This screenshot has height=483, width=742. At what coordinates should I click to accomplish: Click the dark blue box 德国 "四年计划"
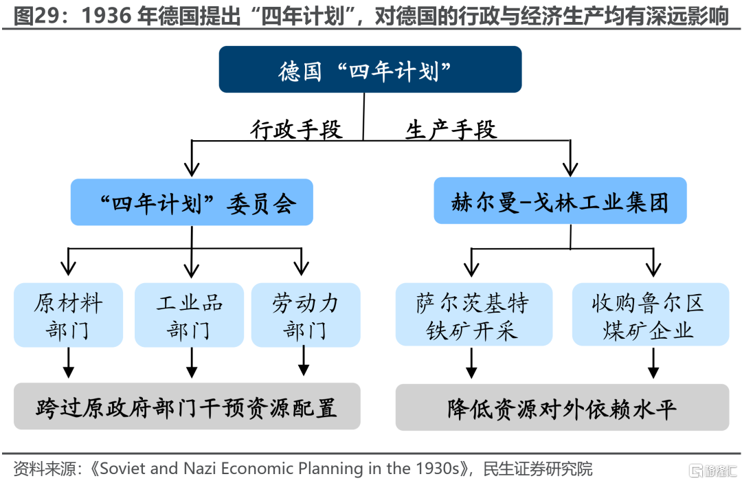pyautogui.click(x=370, y=69)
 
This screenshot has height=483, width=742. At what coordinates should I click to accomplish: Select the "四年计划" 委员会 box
pyautogui.click(x=192, y=202)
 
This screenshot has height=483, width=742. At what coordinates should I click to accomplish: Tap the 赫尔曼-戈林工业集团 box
pyautogui.click(x=561, y=201)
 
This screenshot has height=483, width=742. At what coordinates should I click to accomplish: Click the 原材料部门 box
pyautogui.click(x=68, y=315)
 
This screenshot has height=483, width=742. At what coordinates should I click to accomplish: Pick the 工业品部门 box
pyautogui.click(x=190, y=315)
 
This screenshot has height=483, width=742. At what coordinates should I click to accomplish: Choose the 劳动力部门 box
pyautogui.click(x=306, y=315)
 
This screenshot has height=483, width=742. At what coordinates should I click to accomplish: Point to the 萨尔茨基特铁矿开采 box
pyautogui.click(x=474, y=315)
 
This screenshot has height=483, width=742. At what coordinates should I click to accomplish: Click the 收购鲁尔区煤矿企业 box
pyautogui.click(x=651, y=315)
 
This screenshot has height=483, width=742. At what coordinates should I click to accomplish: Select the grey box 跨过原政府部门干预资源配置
pyautogui.click(x=187, y=406)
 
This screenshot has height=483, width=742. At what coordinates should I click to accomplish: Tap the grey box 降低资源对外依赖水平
pyautogui.click(x=562, y=407)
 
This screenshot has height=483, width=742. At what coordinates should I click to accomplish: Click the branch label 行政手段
pyautogui.click(x=296, y=128)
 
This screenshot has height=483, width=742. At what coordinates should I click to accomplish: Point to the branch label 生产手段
pyautogui.click(x=451, y=128)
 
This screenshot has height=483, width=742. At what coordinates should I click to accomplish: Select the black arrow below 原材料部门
pyautogui.click(x=69, y=363)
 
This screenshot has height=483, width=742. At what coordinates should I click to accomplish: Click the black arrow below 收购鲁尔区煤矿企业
pyautogui.click(x=653, y=363)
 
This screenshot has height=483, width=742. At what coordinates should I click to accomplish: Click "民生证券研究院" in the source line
pyautogui.click(x=537, y=469)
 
